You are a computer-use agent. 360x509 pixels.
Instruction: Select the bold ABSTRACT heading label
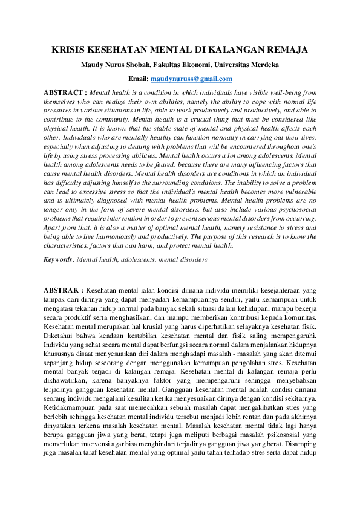tap(65, 93)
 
